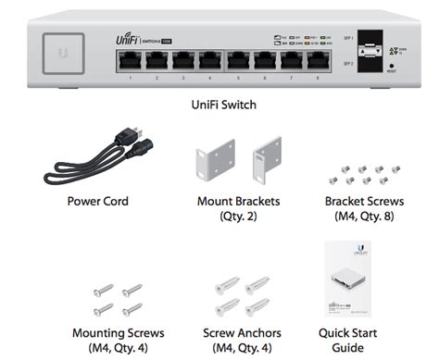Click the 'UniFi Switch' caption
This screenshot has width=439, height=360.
pos(219,105)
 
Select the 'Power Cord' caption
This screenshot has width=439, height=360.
pos(98,200)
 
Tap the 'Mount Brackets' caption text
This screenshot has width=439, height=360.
pos(240,200)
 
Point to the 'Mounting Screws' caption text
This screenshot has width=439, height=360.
pos(118,331)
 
